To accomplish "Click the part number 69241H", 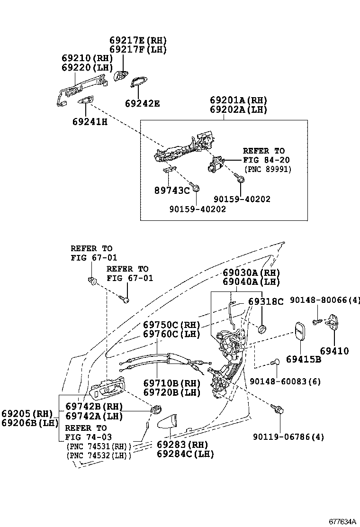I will coord(90,122).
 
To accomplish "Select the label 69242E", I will coord(142,103).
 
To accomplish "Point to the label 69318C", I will coord(266,302).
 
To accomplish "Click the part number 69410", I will coord(334,351).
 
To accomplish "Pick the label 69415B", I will coord(303,359).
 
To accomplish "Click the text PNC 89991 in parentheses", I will coord(268,169).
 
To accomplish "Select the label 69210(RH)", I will coord(87,58).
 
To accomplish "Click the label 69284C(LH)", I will coord(185,454).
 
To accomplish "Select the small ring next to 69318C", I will coord(262,328).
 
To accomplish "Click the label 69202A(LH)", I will coord(239,109).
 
